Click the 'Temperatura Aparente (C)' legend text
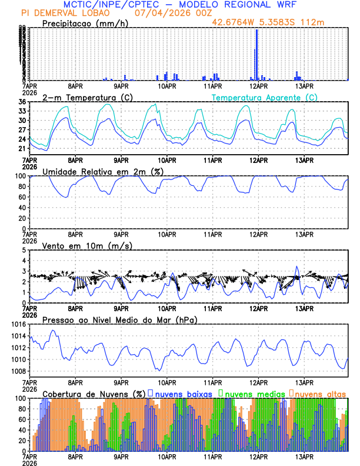[264, 97]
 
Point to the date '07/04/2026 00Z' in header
[166, 12]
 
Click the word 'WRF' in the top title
[291, 4]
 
